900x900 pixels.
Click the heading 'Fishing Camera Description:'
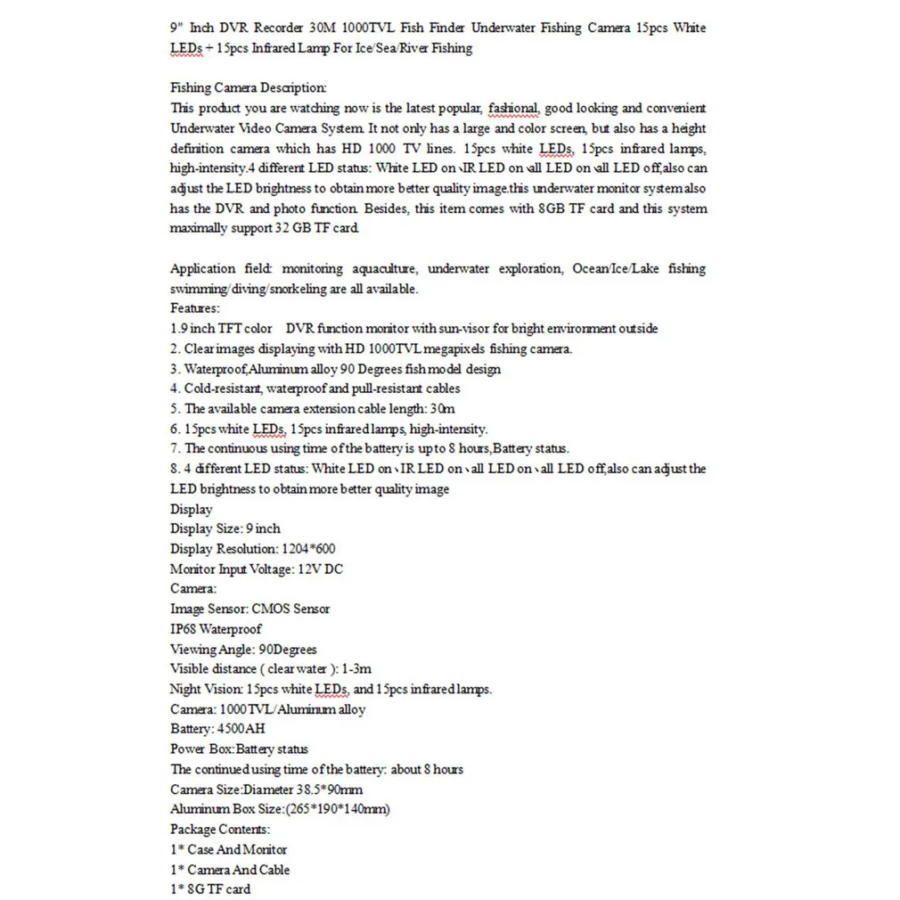248,87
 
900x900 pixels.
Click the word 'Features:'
194,308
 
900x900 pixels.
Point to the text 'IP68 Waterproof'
216,629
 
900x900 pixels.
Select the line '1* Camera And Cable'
230,870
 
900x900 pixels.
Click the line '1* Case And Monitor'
228,849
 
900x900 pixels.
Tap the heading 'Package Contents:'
219,830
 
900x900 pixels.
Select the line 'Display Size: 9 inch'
225,528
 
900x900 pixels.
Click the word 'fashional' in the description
512,108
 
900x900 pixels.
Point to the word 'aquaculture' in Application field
374,268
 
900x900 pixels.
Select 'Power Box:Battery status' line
239,749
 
